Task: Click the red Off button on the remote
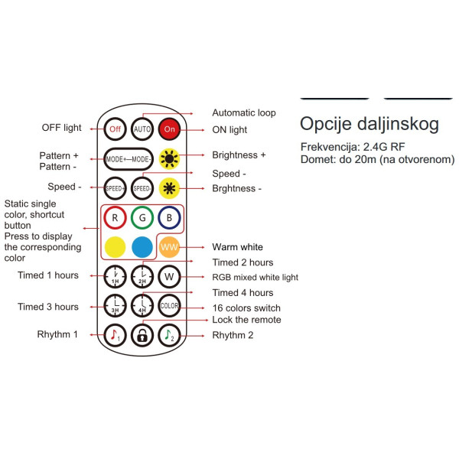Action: pos(116,129)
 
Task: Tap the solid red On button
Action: pos(170,129)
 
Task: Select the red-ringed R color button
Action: pos(116,218)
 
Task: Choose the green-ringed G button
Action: pos(142,218)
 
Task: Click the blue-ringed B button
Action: pos(170,218)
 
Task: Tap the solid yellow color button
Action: pos(116,247)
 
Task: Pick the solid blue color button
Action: pos(142,247)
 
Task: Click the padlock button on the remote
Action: pos(142,335)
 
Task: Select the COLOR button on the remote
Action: pos(170,306)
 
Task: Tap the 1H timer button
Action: pos(116,276)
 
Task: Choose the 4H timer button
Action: pos(142,306)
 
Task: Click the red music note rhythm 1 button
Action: pos(116,335)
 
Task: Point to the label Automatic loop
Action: pos(244,112)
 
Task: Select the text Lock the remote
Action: pos(246,320)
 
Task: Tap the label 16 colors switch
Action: pos(247,308)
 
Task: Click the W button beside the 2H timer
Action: pos(170,276)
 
